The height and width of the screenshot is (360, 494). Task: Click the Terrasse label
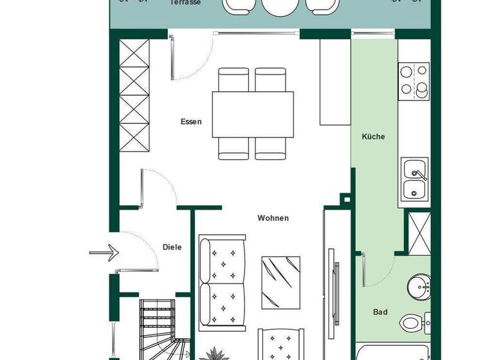click(x=185, y=3)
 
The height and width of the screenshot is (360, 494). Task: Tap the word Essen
click(x=191, y=122)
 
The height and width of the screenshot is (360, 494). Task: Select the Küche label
click(x=373, y=136)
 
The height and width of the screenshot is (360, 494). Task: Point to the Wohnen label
click(x=273, y=218)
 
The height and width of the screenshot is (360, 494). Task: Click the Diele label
click(x=172, y=247)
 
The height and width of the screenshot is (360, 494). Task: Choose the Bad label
click(x=380, y=312)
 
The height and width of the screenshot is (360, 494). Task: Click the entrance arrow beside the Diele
click(x=105, y=252)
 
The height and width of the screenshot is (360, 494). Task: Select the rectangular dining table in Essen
click(x=253, y=114)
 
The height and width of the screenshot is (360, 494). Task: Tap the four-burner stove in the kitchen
click(x=414, y=81)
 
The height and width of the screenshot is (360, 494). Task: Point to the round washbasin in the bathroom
click(x=419, y=286)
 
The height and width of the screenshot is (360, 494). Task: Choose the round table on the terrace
click(x=279, y=6)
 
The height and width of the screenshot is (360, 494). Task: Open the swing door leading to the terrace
click(x=174, y=58)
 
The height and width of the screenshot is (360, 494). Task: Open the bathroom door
click(x=364, y=270)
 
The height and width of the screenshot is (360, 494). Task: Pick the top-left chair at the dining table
click(x=233, y=80)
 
